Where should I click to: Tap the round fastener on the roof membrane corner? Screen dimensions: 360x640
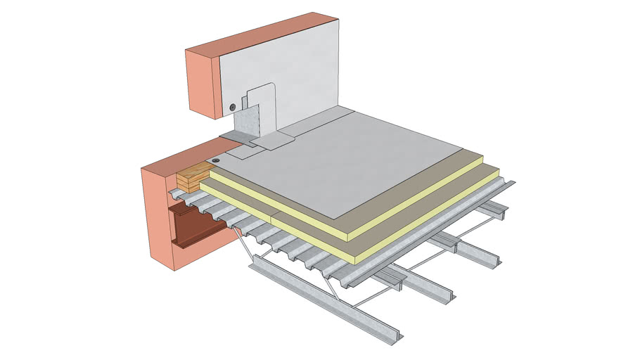click(215, 161)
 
